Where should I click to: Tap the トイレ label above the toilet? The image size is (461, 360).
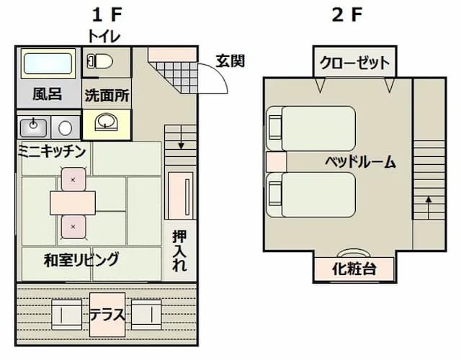[x=104, y=35]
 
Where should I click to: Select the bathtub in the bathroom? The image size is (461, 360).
[x=48, y=64]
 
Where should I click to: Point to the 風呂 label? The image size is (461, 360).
[x=47, y=94]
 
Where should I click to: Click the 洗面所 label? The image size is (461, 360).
[x=107, y=95]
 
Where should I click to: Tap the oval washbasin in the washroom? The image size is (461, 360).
[x=107, y=122]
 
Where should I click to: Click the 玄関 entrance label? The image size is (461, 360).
[x=230, y=60]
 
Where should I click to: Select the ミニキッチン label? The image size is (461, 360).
[x=52, y=150]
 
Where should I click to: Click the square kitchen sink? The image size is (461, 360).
[x=33, y=127]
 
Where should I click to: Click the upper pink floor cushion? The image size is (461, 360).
[x=73, y=178]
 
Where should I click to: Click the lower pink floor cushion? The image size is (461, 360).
[x=73, y=227]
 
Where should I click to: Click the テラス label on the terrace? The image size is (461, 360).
[x=107, y=315]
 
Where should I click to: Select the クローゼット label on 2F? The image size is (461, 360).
[x=354, y=63]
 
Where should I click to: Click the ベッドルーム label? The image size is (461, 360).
[x=360, y=161]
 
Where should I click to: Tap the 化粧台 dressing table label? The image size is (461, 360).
[x=354, y=270]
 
